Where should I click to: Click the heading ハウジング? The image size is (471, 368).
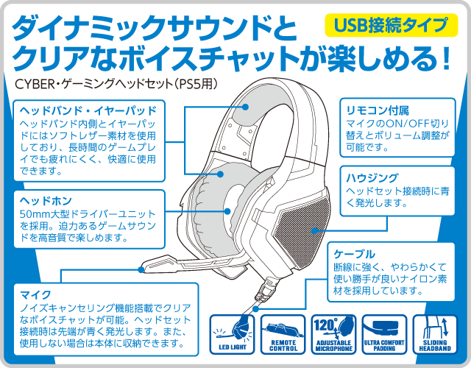(x=372, y=177)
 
